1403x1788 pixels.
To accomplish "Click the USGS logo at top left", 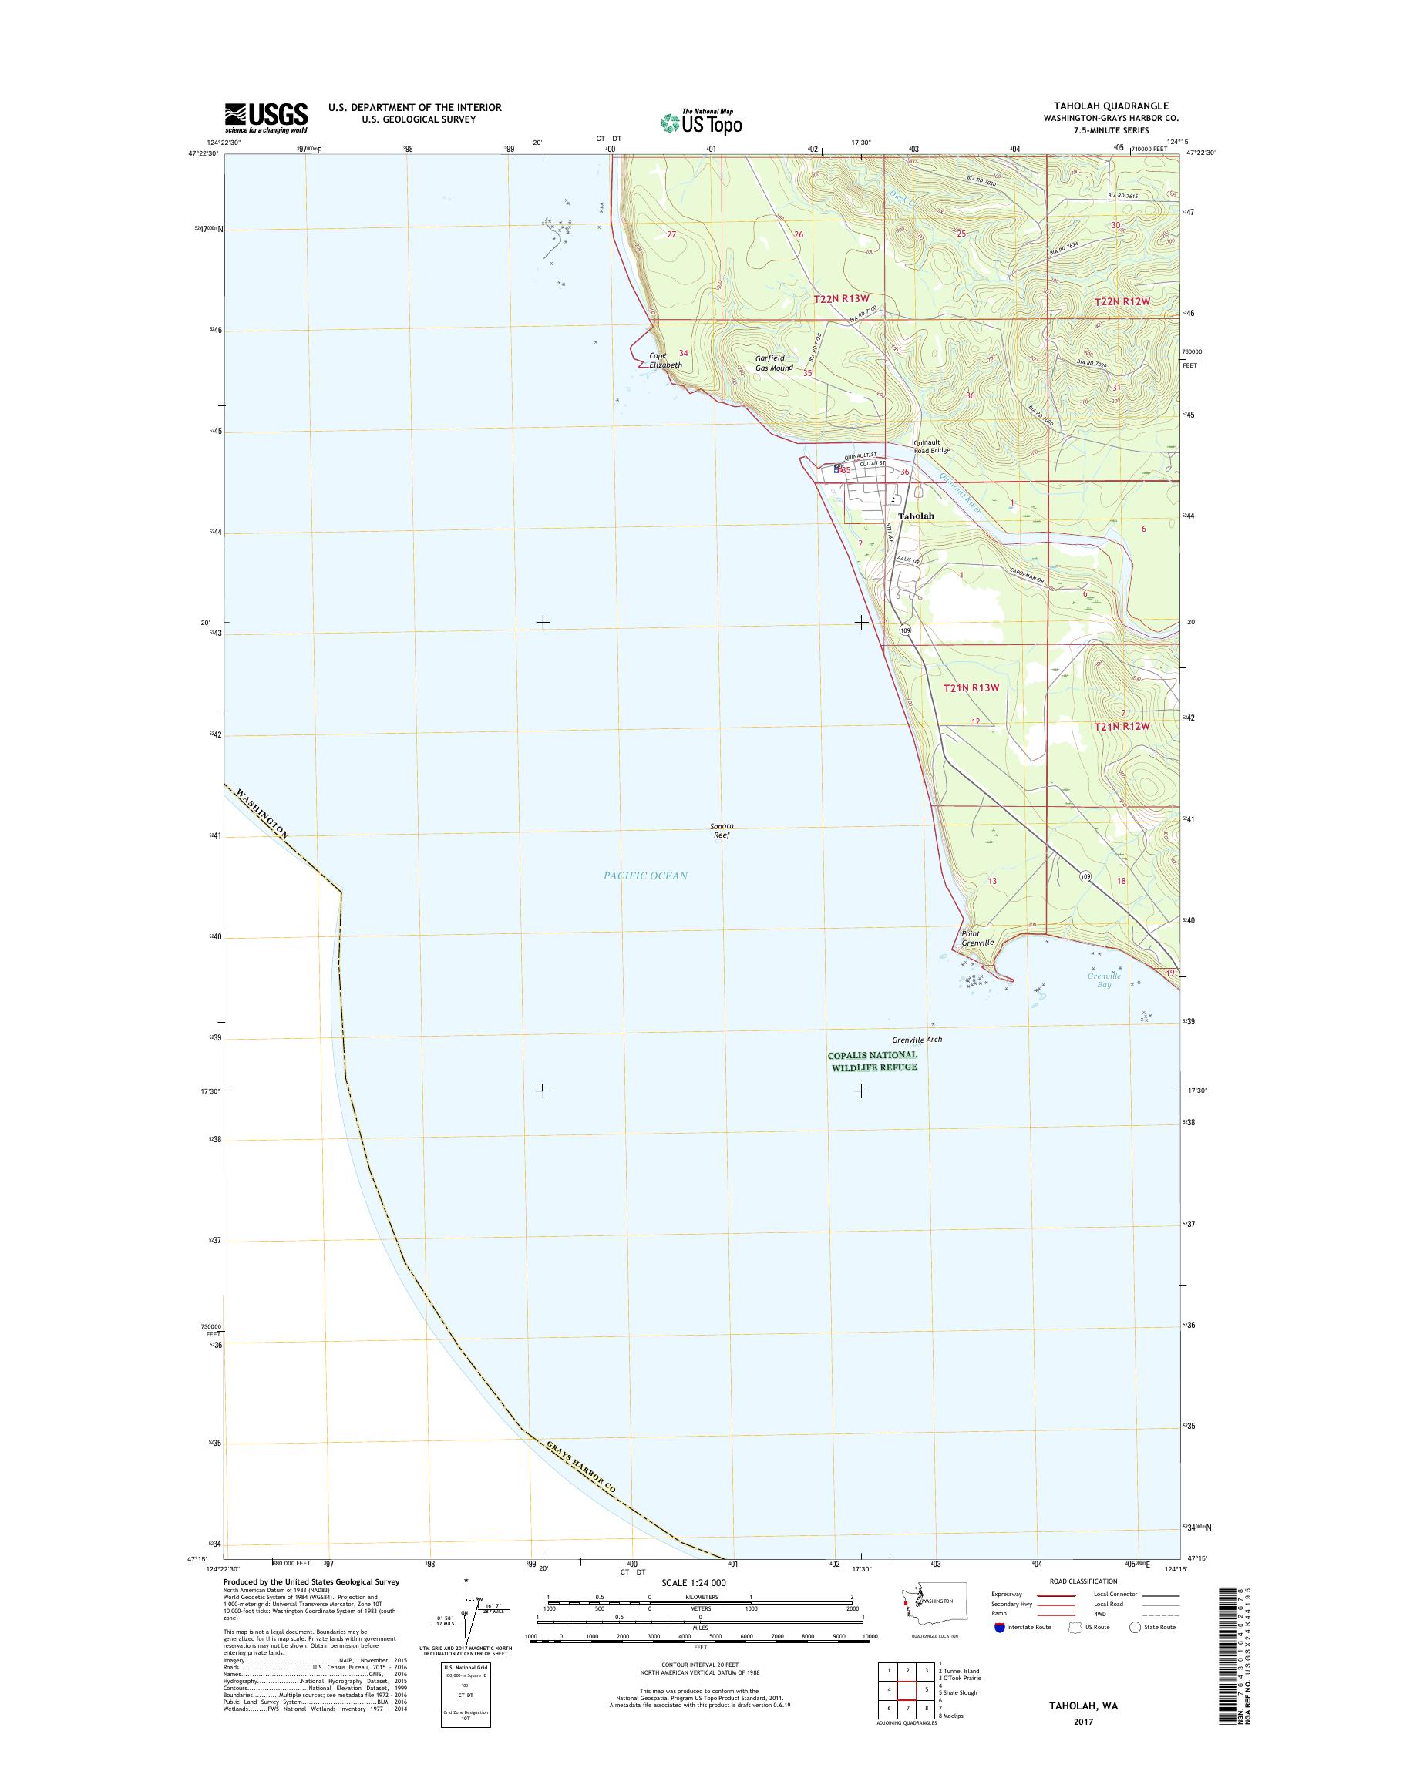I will (266, 117).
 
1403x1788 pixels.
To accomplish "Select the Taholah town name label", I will (916, 516).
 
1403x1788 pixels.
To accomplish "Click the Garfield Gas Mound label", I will (774, 363).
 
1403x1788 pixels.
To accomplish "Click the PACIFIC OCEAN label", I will (646, 876).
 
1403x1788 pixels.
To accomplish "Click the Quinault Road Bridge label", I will (932, 446).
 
